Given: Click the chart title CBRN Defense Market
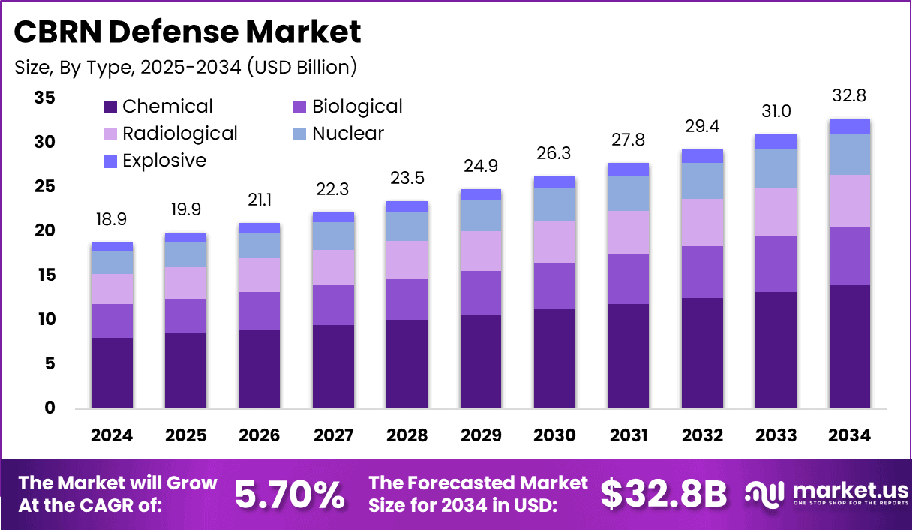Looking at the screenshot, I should [x=188, y=32].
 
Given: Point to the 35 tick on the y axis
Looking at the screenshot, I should [x=44, y=98].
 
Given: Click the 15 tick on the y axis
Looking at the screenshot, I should [x=44, y=276].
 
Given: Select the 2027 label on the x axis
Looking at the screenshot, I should [x=334, y=436].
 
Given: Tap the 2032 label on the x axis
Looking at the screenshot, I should [x=703, y=436].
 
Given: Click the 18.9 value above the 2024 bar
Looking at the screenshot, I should [x=113, y=219].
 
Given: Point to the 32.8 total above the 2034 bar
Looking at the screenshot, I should [x=850, y=96].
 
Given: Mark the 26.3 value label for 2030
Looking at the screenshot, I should [x=555, y=154].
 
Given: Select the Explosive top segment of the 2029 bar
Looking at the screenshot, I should [x=481, y=195].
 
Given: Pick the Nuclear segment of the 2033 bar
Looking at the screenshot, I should [x=776, y=168].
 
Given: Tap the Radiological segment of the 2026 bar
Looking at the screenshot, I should [x=260, y=275].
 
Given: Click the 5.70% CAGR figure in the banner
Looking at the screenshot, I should [x=290, y=495].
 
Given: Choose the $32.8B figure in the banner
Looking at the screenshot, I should [x=664, y=495].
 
